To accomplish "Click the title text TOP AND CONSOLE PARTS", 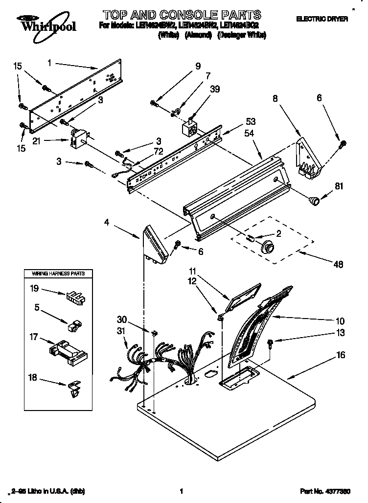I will pos(182,15).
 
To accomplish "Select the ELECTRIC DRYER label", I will pos(322,19).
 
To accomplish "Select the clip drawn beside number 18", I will pos(73,388).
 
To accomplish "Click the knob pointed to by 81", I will pos(313,199).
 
